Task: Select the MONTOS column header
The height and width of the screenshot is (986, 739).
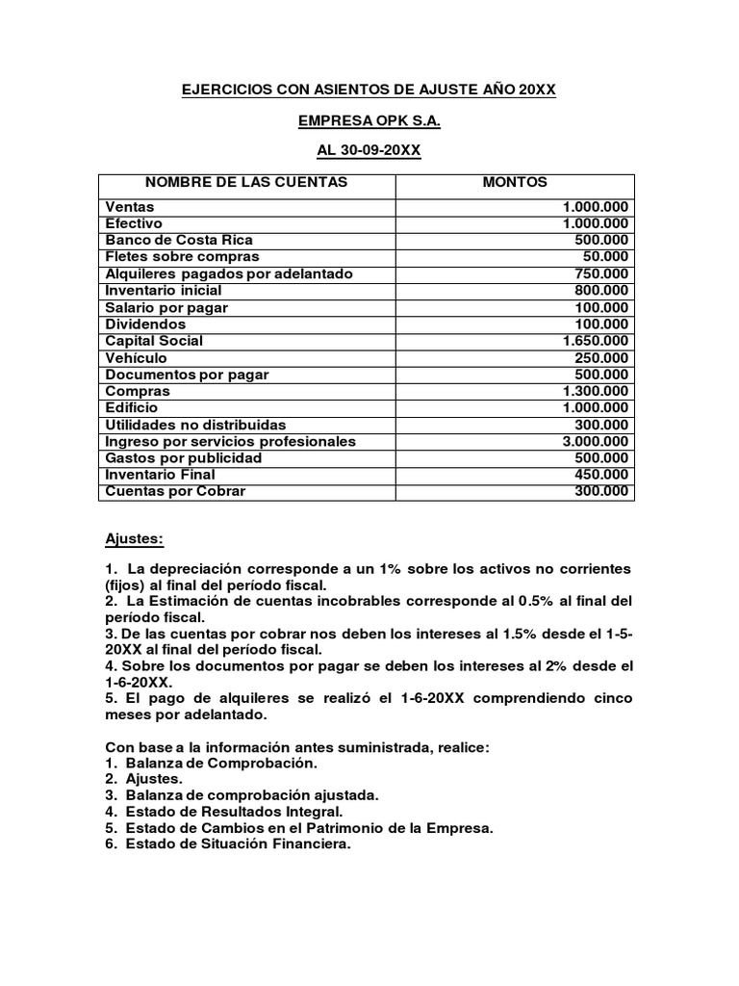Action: pos(514,182)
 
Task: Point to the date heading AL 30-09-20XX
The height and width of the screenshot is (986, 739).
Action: pos(369,152)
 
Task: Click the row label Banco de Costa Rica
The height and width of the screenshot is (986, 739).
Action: pos(180,240)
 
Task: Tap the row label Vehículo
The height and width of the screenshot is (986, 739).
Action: pos(137,357)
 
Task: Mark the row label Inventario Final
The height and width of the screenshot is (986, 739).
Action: pos(160,475)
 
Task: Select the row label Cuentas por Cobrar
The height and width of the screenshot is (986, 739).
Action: pos(175,491)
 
